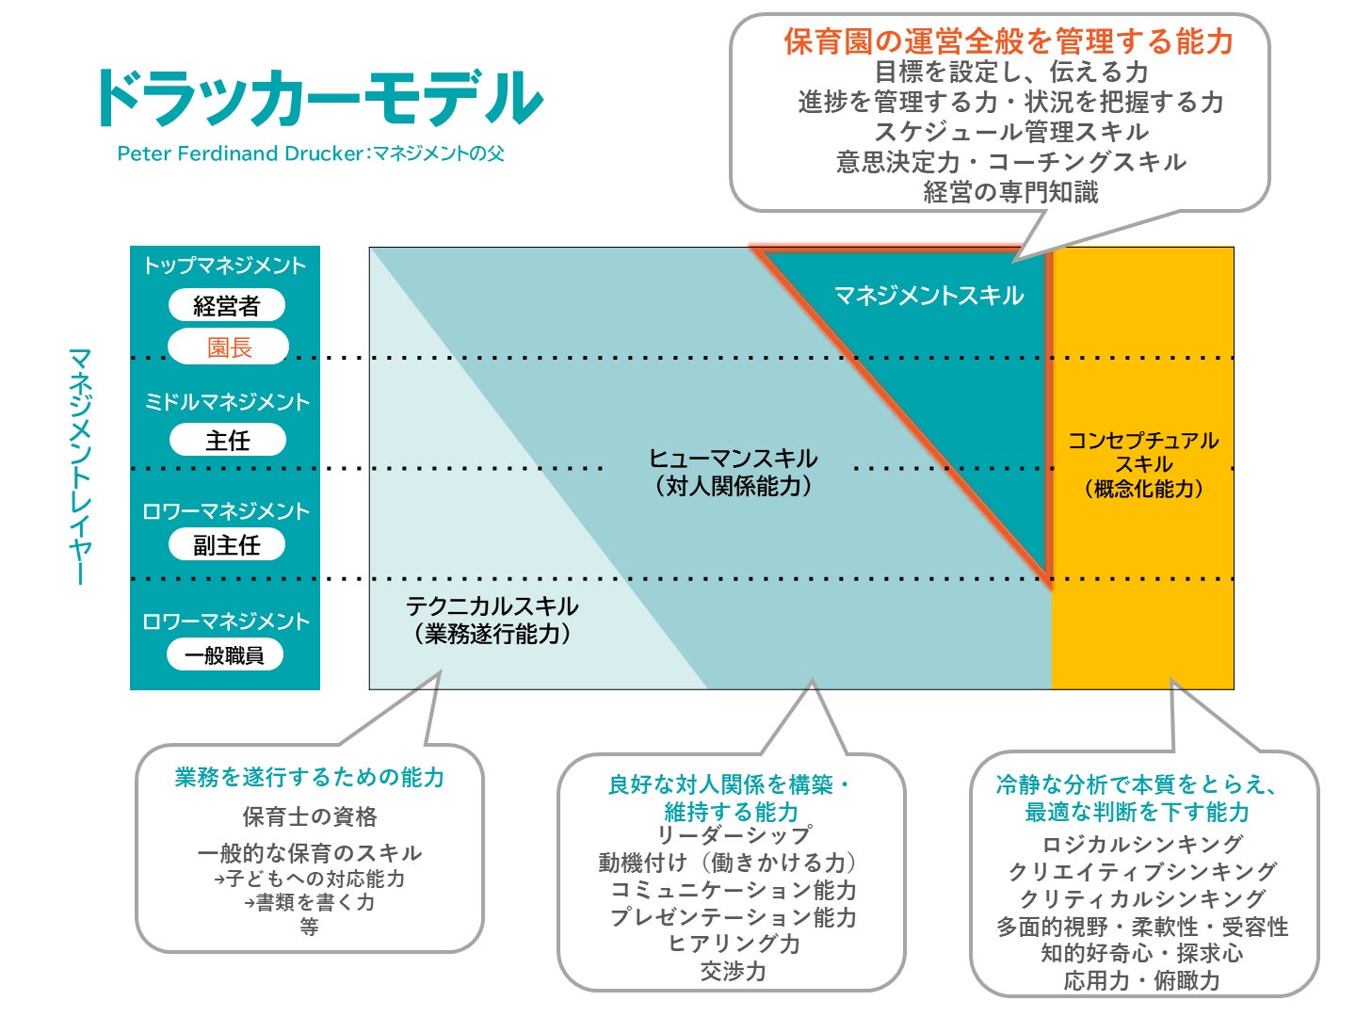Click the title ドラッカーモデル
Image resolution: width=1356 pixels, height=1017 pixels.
coord(318,98)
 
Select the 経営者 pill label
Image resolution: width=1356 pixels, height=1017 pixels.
coord(226,306)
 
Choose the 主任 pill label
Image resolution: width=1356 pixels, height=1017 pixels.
coord(227,441)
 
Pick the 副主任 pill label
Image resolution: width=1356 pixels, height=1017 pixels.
coord(226,545)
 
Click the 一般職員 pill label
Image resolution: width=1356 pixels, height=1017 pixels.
coord(225,655)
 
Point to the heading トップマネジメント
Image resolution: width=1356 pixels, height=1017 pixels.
coord(225,266)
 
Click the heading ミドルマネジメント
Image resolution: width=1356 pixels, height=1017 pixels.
coord(226,402)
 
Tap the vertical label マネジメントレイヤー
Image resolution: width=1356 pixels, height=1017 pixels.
coord(81,466)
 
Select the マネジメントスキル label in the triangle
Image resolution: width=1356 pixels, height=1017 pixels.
coord(928,296)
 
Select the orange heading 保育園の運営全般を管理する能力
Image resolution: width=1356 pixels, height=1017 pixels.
coord(1009,41)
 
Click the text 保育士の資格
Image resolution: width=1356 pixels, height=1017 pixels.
coord(310,816)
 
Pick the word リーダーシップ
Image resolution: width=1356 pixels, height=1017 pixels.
coord(734,835)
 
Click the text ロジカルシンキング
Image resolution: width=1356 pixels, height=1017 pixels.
coord(1142,844)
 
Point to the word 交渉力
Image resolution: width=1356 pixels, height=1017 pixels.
coord(733,971)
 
